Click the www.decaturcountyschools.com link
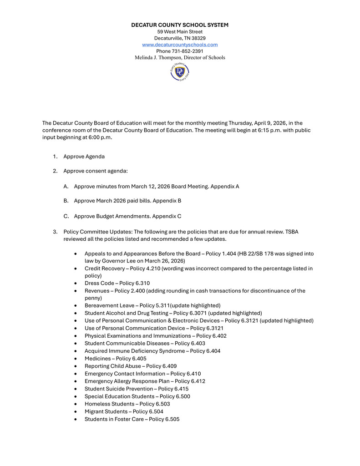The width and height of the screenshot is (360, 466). coord(180,45)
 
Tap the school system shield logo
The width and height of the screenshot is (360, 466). coord(180,72)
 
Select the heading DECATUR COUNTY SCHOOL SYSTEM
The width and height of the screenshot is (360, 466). coord(180,25)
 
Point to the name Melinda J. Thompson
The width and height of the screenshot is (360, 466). coord(162,58)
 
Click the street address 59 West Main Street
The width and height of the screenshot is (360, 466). coord(180,32)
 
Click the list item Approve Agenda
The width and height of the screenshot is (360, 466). coord(84,157)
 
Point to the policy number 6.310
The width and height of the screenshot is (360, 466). coord(142,283)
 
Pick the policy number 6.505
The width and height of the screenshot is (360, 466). coord(172,419)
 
